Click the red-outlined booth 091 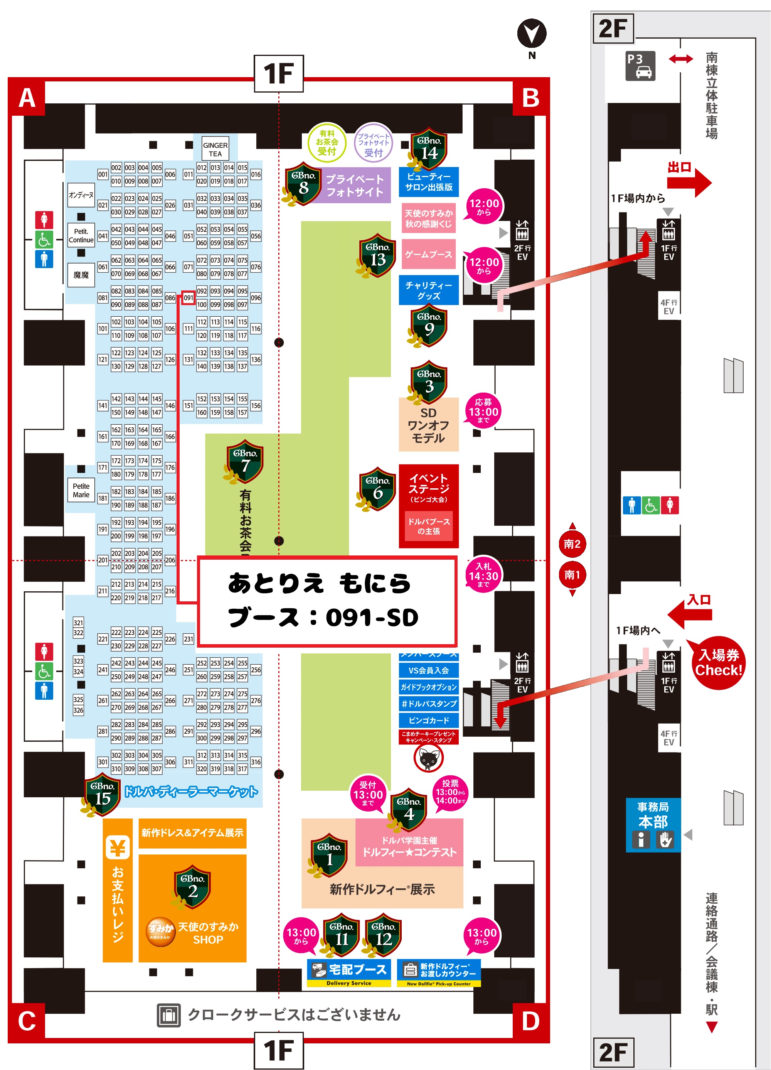(x=188, y=298)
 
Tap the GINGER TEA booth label (x=215, y=149)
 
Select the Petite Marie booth (x=81, y=490)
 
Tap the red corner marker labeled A (x=27, y=98)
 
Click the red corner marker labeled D (x=530, y=1021)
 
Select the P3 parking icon (x=640, y=66)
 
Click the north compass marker (x=532, y=34)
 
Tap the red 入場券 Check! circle (x=718, y=662)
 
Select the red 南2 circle (x=572, y=544)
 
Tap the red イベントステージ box (x=429, y=505)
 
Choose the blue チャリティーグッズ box (x=429, y=290)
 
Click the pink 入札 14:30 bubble (x=483, y=575)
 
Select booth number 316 (x=256, y=761)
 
